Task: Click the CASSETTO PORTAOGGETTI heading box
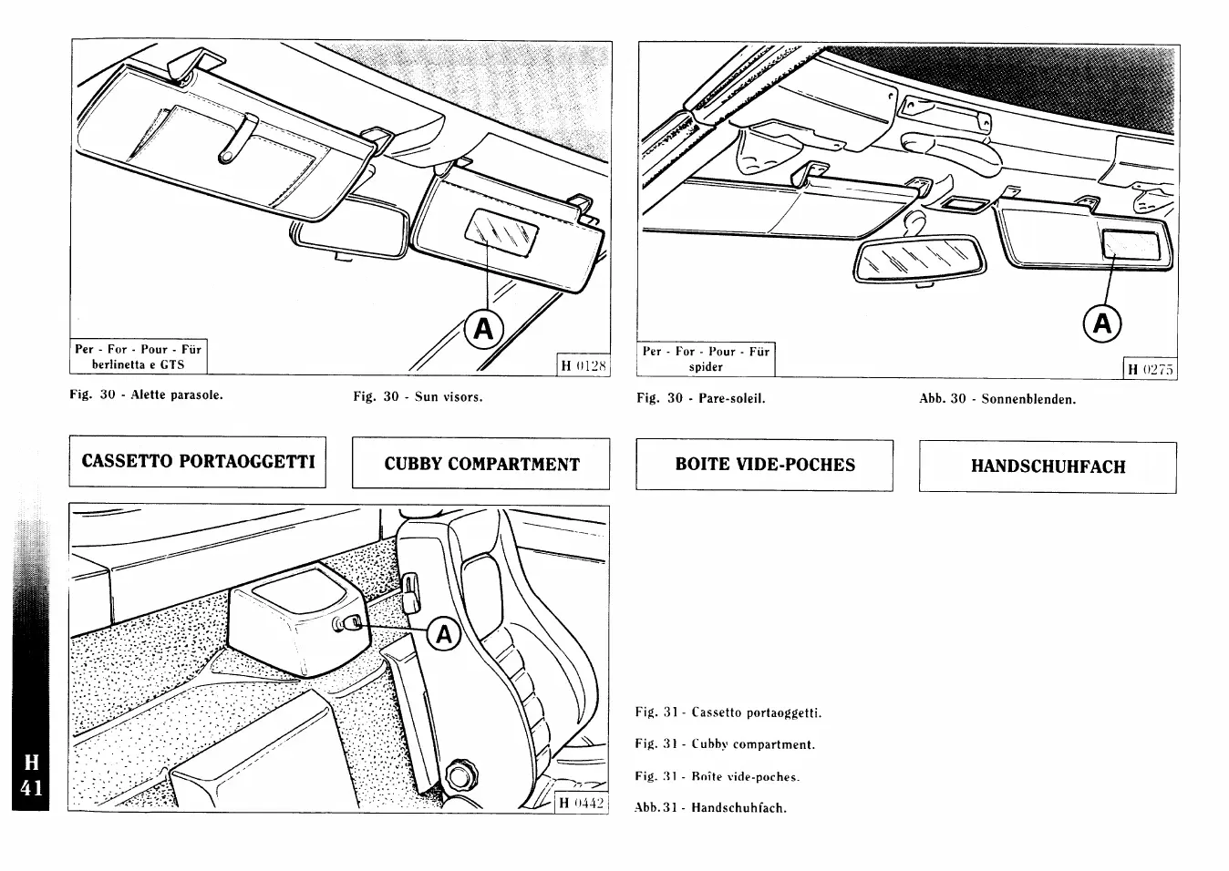pyautogui.click(x=198, y=462)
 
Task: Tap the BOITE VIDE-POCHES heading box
pyautogui.click(x=765, y=465)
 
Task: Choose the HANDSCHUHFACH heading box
pyautogui.click(x=1048, y=467)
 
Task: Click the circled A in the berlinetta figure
pyautogui.click(x=483, y=329)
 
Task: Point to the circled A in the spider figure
pyautogui.click(x=1102, y=323)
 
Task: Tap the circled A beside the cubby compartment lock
pyautogui.click(x=444, y=633)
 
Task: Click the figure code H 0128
pyautogui.click(x=584, y=366)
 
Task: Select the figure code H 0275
pyautogui.click(x=1152, y=369)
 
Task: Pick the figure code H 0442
pyautogui.click(x=582, y=803)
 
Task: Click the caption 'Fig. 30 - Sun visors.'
pyautogui.click(x=418, y=397)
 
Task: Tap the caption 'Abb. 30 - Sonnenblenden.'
pyautogui.click(x=997, y=399)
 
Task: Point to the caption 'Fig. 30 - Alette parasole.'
pyautogui.click(x=146, y=395)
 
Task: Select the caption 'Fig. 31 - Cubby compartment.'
pyautogui.click(x=725, y=744)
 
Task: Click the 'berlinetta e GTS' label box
pyautogui.click(x=139, y=357)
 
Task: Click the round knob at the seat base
pyautogui.click(x=463, y=774)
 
